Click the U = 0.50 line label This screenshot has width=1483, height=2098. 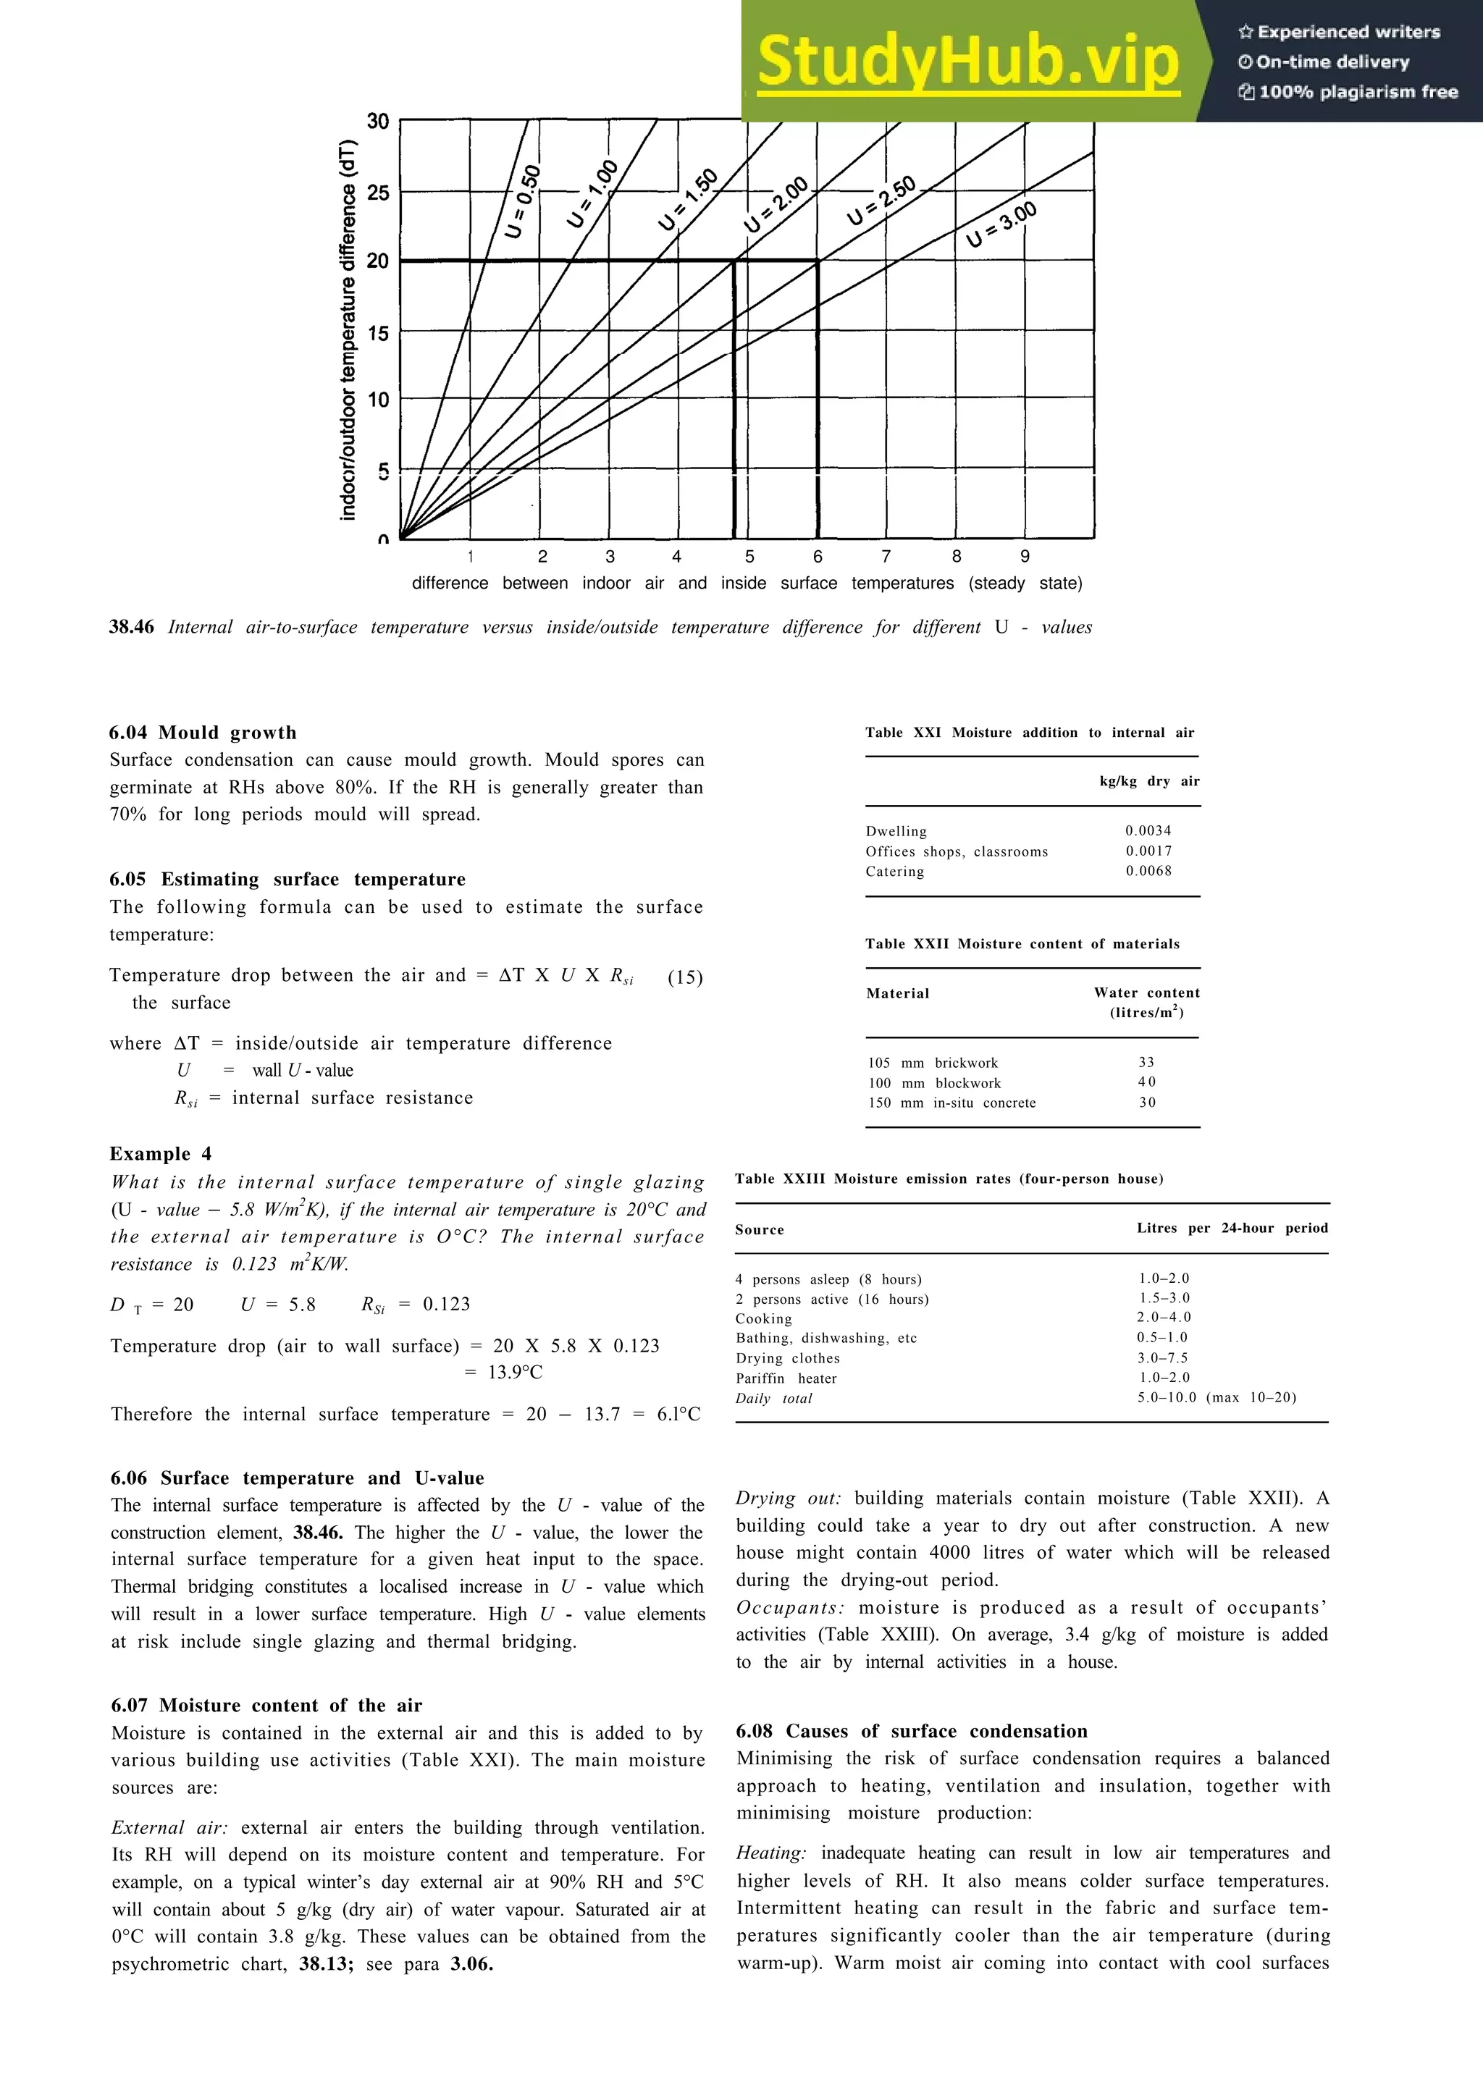click(x=524, y=201)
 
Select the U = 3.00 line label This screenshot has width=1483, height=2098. click(x=1001, y=224)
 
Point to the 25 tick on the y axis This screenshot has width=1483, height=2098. click(x=377, y=192)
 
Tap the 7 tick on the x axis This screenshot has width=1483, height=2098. click(x=886, y=557)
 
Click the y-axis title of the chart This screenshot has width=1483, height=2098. click(x=348, y=331)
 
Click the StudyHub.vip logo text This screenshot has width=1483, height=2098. click(x=969, y=62)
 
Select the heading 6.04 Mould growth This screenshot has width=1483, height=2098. click(x=203, y=732)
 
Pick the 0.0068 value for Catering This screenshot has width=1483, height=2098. click(x=1148, y=871)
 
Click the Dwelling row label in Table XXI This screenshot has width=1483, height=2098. click(x=896, y=830)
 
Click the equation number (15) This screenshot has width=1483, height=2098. click(x=684, y=977)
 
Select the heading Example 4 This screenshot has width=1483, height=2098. click(x=160, y=1153)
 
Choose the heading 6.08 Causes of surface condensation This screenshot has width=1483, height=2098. click(x=911, y=1731)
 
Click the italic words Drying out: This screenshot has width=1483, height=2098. click(x=788, y=1498)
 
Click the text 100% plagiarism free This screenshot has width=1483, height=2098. click(x=1349, y=91)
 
